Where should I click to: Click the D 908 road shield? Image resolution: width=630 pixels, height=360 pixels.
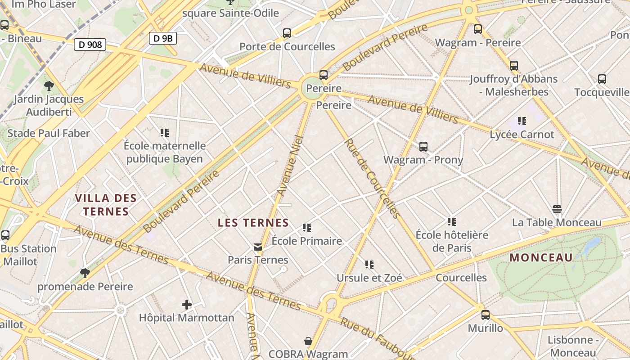click(x=90, y=44)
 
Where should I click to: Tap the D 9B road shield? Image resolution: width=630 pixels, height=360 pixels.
click(x=163, y=38)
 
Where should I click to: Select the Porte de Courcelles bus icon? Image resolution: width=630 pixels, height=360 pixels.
click(x=287, y=33)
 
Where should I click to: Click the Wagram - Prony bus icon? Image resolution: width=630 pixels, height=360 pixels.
click(x=423, y=146)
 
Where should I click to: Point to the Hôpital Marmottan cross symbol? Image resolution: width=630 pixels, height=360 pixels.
click(x=187, y=305)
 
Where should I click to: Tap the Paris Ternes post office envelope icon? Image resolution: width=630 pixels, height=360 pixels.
click(x=258, y=247)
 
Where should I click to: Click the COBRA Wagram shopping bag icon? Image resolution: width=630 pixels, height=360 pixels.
click(x=308, y=341)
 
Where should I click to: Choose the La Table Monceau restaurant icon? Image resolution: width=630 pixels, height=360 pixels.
click(x=557, y=209)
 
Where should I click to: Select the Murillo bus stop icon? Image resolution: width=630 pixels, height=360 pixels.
click(x=485, y=315)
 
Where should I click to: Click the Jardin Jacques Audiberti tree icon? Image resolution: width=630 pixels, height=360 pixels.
click(x=49, y=85)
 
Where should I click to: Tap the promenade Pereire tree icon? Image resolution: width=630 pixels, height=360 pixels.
click(x=85, y=273)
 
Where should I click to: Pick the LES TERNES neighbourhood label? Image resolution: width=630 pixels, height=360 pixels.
click(x=253, y=222)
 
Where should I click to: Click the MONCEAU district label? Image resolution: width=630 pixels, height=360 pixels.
click(x=541, y=257)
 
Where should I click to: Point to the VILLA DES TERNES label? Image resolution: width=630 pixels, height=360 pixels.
click(x=106, y=205)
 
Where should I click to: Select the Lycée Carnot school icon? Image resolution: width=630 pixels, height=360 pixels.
click(x=522, y=121)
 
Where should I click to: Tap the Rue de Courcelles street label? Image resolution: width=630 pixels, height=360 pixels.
click(x=372, y=178)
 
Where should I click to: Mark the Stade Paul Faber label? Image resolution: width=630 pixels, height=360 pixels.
click(x=49, y=133)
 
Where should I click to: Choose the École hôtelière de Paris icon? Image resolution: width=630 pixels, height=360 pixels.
click(x=452, y=221)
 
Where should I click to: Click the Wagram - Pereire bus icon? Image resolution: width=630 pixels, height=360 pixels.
click(x=478, y=29)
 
